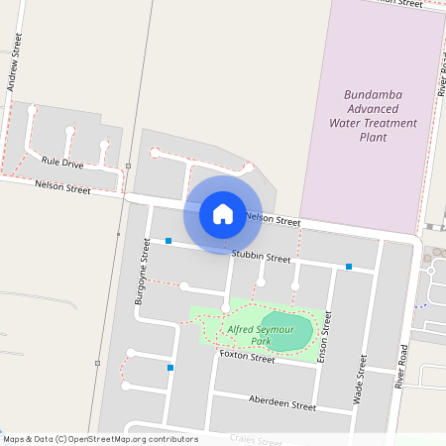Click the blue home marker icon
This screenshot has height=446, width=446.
point(222,213)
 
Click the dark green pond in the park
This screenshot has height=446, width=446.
point(289,332)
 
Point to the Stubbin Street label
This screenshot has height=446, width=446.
point(261,257)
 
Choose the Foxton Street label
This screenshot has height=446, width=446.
point(247,356)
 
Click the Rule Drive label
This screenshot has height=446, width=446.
point(62,162)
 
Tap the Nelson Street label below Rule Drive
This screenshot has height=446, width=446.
point(62,186)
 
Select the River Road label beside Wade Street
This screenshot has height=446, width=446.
point(401,368)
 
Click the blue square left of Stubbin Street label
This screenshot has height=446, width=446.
point(168,241)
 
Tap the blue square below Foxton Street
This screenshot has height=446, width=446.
point(171,368)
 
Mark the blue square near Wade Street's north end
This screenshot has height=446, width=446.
point(349,266)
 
